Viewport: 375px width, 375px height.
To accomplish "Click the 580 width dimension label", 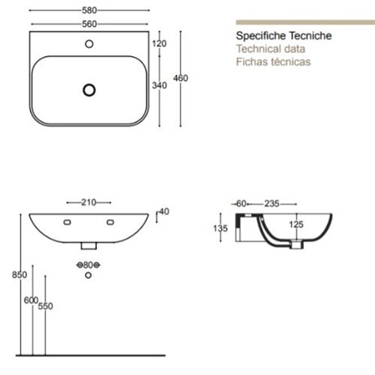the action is [90, 11].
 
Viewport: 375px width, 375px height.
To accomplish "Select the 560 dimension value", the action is [90, 24].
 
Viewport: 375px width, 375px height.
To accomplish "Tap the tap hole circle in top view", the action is [89, 44].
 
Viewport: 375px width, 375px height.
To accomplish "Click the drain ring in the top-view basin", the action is [89, 90].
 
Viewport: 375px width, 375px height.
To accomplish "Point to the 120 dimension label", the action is [159, 43].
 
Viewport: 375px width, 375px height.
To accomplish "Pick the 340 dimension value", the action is [160, 86].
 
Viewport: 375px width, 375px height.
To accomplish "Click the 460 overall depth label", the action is [181, 78].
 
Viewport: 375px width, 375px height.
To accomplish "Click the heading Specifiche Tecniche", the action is [284, 36].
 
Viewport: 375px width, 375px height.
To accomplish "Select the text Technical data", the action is [271, 49].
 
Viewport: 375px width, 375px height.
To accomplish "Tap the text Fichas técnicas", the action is [273, 62].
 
